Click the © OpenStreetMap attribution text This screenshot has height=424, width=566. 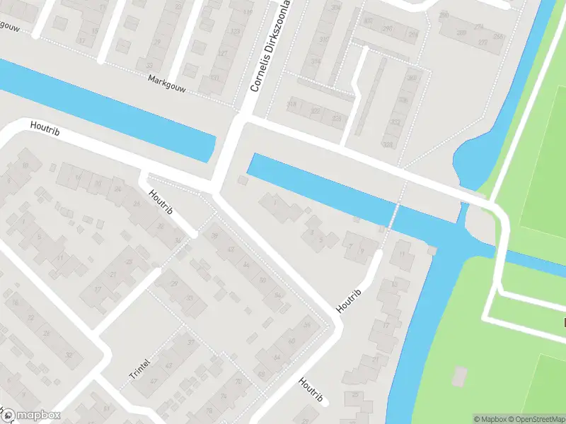[537, 418]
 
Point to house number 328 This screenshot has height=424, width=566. [336, 118]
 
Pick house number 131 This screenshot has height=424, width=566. [214, 78]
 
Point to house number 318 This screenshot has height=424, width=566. [291, 104]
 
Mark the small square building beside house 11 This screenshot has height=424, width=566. [432, 250]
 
